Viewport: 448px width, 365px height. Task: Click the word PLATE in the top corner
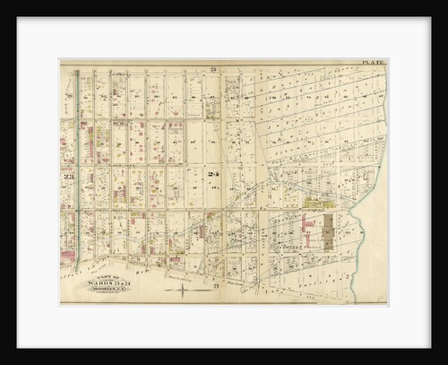click(x=374, y=63)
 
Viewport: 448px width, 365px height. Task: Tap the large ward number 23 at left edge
click(x=67, y=177)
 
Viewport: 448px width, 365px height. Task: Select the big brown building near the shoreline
click(x=327, y=232)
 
